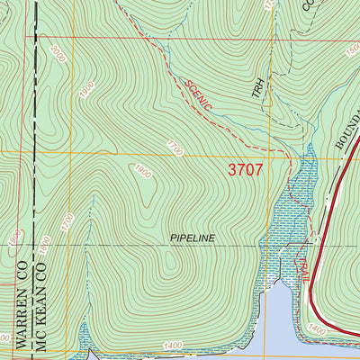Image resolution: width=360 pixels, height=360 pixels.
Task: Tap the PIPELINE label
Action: [192, 238]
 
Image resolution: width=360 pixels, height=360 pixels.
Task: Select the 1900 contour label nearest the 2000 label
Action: [85, 89]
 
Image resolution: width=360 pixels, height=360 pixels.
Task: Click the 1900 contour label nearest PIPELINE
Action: [142, 173]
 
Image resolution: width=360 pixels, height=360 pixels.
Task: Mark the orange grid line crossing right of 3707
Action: [306, 157]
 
